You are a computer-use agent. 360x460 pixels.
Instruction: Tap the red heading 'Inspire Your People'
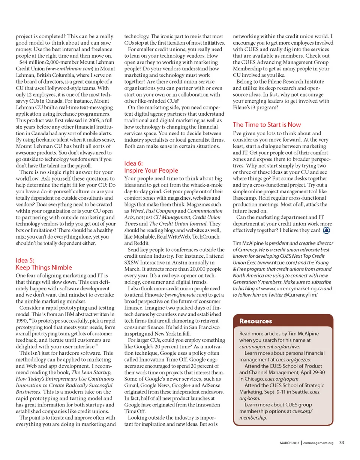151,170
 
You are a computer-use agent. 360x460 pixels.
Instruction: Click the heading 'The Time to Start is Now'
267,124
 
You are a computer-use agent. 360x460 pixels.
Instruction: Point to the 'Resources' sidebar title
256,321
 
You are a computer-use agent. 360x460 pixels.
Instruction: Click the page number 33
342,442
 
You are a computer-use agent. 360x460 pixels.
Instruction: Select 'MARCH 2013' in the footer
289,443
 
